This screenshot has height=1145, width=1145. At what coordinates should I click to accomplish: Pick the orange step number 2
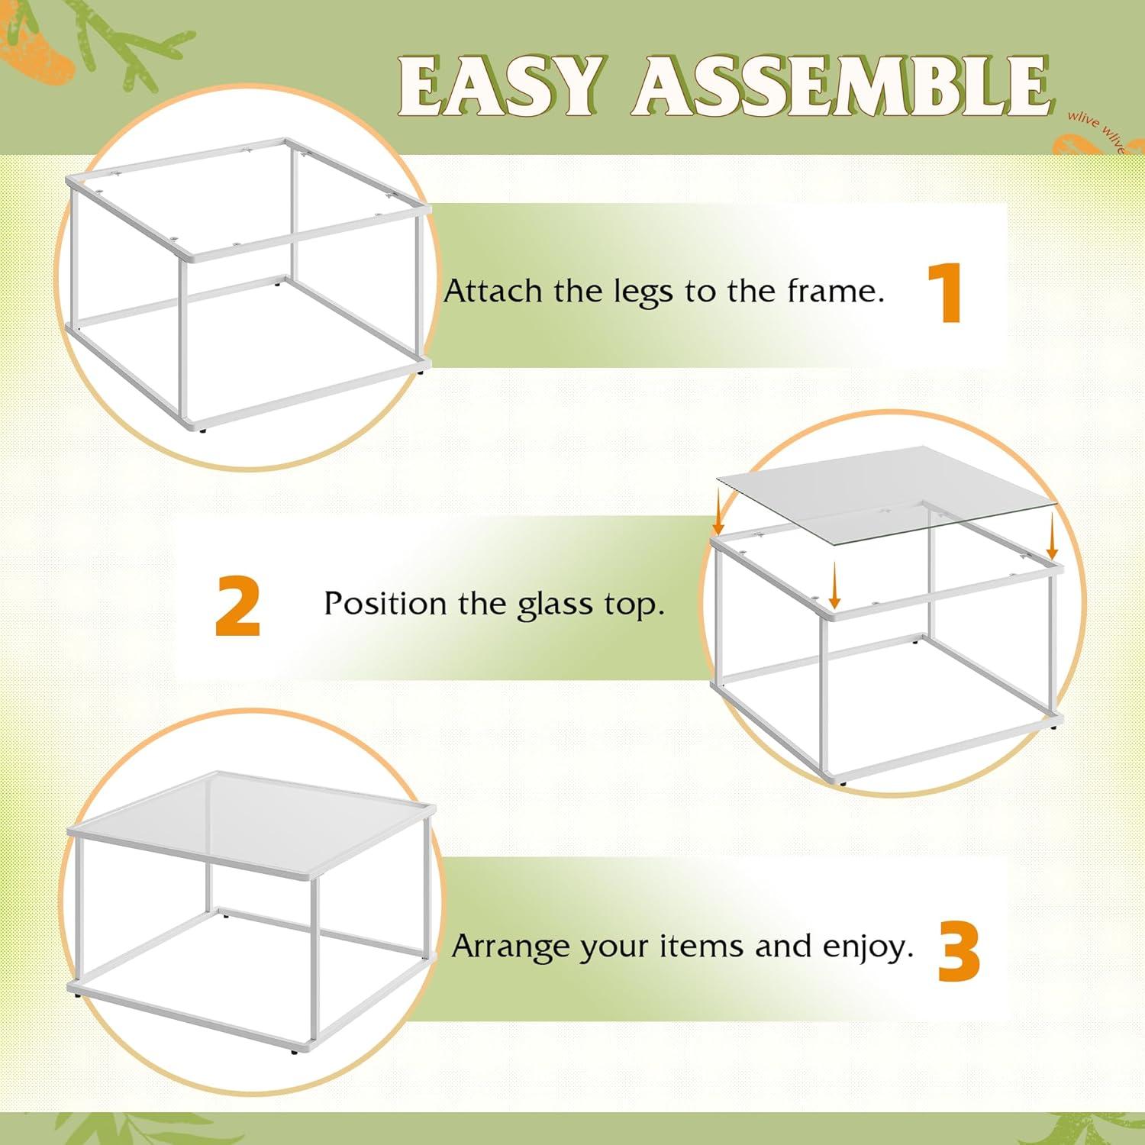pyautogui.click(x=237, y=605)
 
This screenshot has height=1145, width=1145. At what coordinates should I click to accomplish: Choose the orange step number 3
pyautogui.click(x=959, y=951)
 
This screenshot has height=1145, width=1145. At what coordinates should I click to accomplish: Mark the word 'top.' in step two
pyautogui.click(x=635, y=605)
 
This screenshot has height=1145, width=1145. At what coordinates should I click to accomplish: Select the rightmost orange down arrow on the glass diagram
pyautogui.click(x=1052, y=537)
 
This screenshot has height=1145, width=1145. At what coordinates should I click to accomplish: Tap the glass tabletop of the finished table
pyautogui.click(x=252, y=828)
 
